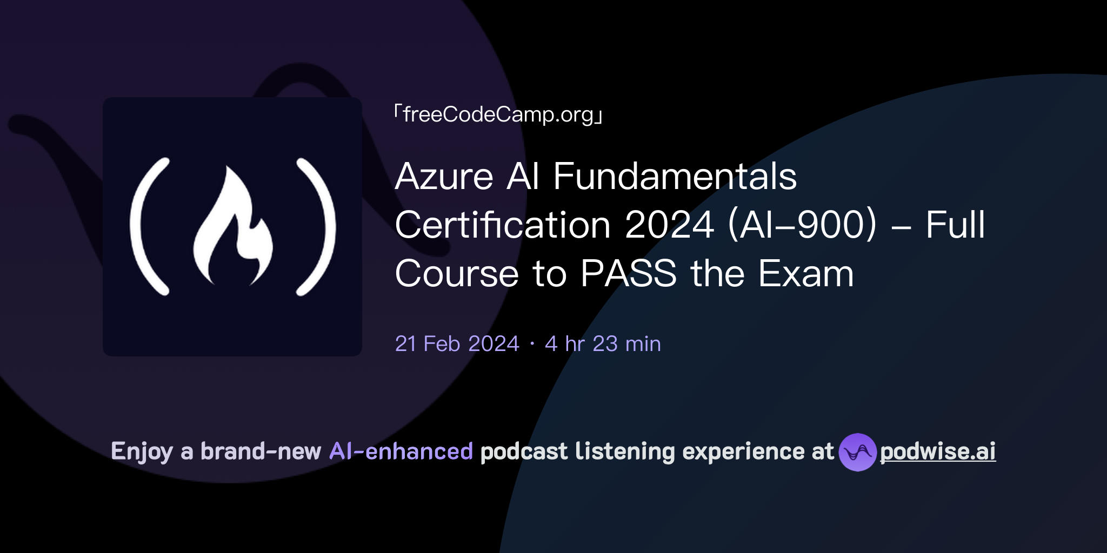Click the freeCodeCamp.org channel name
498,114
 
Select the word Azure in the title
444,177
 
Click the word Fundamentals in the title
675,177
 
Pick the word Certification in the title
503,225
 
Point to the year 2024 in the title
669,225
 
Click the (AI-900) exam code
802,225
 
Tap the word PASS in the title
628,274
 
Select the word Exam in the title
805,274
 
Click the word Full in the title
955,225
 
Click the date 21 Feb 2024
457,344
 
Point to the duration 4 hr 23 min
603,344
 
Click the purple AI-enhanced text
401,451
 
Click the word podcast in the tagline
524,451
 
